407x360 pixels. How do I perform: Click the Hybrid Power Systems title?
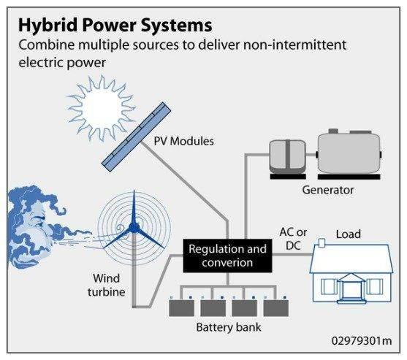(x=115, y=26)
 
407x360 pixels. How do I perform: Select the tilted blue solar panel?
(x=136, y=137)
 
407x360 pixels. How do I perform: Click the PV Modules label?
(x=184, y=142)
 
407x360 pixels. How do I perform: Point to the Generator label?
(x=328, y=190)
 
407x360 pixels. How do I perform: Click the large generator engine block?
(x=349, y=155)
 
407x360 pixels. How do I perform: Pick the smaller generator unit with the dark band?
(x=287, y=158)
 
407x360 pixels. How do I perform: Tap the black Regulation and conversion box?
(x=227, y=256)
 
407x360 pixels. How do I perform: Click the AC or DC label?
(x=293, y=239)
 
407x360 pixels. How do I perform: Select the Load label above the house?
(x=349, y=234)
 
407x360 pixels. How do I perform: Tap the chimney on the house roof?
(x=322, y=242)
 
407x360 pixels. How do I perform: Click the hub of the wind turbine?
(x=134, y=228)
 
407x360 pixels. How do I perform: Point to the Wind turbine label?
(x=107, y=285)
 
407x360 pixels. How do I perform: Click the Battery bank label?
(x=229, y=327)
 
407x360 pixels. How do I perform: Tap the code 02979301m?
(x=362, y=341)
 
